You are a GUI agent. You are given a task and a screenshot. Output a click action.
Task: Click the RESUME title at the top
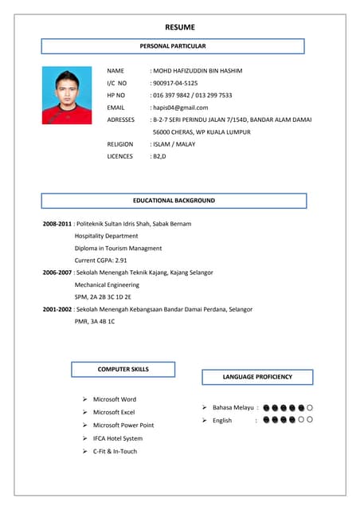pyautogui.click(x=180, y=27)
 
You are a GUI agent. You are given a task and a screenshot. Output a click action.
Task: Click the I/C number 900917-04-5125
pyautogui.click(x=175, y=83)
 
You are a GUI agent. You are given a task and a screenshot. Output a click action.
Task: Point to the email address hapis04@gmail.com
pyautogui.click(x=180, y=107)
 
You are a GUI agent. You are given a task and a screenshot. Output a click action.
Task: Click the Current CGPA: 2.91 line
pyautogui.click(x=101, y=261)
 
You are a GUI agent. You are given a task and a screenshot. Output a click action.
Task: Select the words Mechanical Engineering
pyautogui.click(x=107, y=284)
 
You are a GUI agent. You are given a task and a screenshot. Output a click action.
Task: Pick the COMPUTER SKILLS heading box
pyautogui.click(x=123, y=370)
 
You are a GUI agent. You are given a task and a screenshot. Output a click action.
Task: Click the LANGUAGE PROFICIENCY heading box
pyautogui.click(x=257, y=377)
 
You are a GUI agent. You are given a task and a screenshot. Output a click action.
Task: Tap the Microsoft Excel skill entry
pyautogui.click(x=114, y=412)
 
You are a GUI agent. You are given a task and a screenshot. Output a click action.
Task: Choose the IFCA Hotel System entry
pyautogui.click(x=118, y=438)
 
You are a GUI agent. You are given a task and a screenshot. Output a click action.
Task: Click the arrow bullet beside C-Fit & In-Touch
pyautogui.click(x=85, y=452)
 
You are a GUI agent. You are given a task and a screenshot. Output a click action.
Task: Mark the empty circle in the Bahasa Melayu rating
pyautogui.click(x=310, y=407)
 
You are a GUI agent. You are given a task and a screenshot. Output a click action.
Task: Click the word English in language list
pyautogui.click(x=222, y=420)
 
